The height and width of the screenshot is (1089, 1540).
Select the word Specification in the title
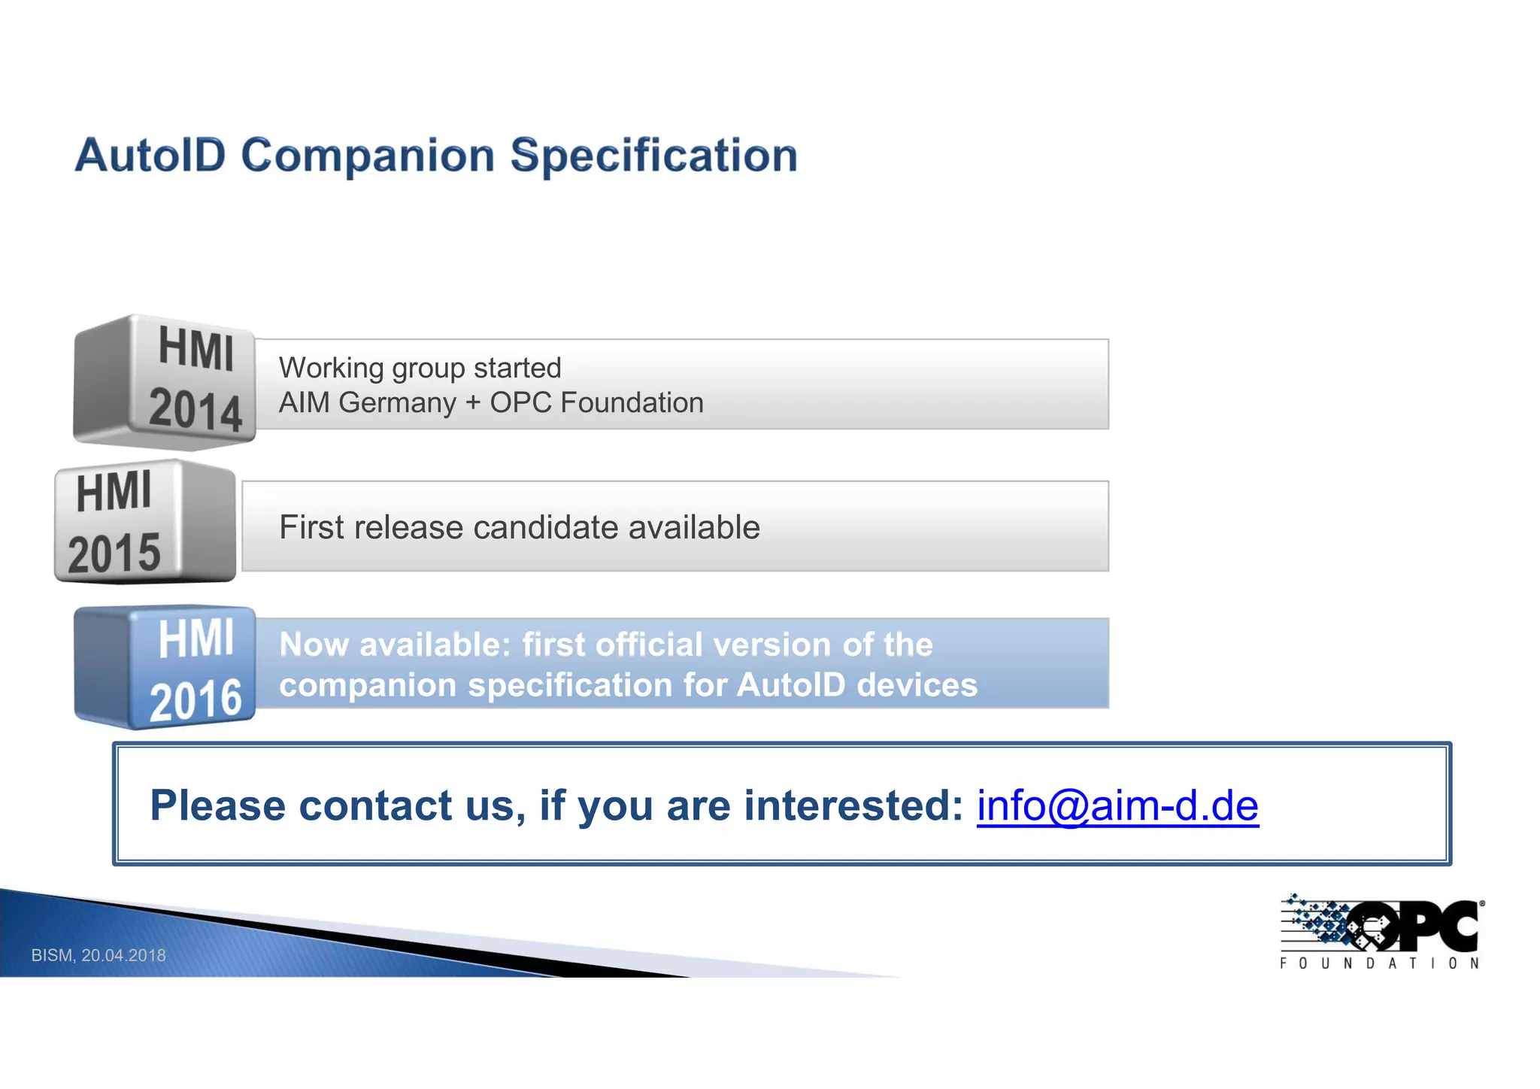pyautogui.click(x=653, y=156)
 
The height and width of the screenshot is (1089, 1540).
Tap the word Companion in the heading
pyautogui.click(x=368, y=156)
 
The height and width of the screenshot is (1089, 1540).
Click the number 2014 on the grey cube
pyautogui.click(x=196, y=410)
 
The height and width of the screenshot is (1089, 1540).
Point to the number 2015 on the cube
pyautogui.click(x=114, y=554)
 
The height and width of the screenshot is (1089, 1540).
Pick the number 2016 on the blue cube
pyautogui.click(x=196, y=700)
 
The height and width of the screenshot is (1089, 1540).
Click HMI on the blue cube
pyautogui.click(x=196, y=639)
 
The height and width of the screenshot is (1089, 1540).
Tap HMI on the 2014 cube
pyautogui.click(x=196, y=350)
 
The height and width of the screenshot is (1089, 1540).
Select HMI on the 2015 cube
pyautogui.click(x=114, y=493)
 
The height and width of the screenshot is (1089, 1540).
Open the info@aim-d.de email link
pyautogui.click(x=1117, y=805)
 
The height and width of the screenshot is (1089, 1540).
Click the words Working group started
pyautogui.click(x=420, y=368)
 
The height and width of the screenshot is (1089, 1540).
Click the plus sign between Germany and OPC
pyautogui.click(x=473, y=403)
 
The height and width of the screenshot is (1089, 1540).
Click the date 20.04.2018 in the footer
pyautogui.click(x=123, y=955)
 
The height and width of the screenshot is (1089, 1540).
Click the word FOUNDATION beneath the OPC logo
pyautogui.click(x=1380, y=963)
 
